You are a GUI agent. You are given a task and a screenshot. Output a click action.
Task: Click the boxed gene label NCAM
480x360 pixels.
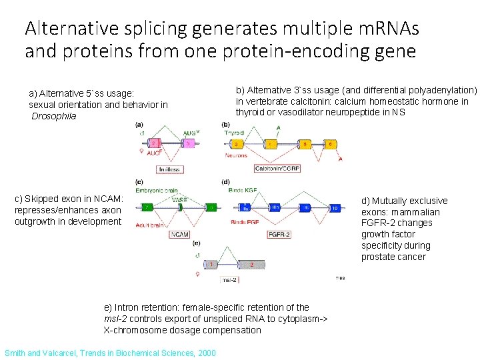click(x=179, y=235)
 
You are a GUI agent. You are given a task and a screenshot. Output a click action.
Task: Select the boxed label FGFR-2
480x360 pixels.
click(x=279, y=235)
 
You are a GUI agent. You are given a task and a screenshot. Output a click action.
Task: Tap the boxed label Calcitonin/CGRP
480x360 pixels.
click(x=277, y=169)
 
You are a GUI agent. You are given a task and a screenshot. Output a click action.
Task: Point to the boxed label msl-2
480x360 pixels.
click(x=230, y=280)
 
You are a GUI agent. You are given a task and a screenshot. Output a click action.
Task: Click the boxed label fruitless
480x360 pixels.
click(x=170, y=169)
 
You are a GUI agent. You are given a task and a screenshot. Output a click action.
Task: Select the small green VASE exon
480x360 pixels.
click(x=179, y=207)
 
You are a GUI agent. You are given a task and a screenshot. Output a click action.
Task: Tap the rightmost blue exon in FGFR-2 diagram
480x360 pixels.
click(x=335, y=207)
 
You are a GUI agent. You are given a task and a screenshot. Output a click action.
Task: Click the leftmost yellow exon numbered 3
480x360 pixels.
click(x=236, y=143)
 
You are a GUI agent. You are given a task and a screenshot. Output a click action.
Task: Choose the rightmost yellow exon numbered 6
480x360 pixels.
click(x=329, y=143)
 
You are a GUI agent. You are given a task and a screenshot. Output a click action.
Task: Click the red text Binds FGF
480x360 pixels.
click(x=245, y=221)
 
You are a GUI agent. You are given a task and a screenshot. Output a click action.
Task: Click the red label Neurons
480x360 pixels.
click(x=236, y=155)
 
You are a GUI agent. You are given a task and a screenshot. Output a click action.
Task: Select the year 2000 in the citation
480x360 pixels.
click(x=205, y=353)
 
